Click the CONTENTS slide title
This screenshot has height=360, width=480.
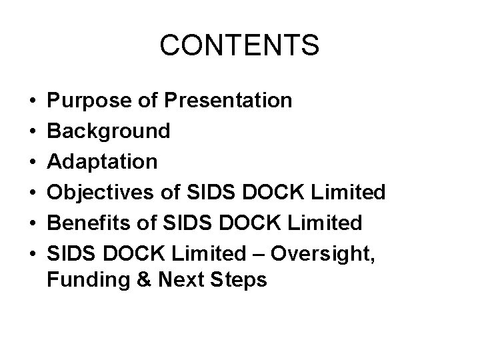coord(240,45)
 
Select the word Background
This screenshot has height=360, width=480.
coord(109,131)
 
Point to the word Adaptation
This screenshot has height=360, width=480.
coord(103,161)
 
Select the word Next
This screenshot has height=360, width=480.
coord(181,281)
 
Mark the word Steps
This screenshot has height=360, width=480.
coord(241,281)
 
